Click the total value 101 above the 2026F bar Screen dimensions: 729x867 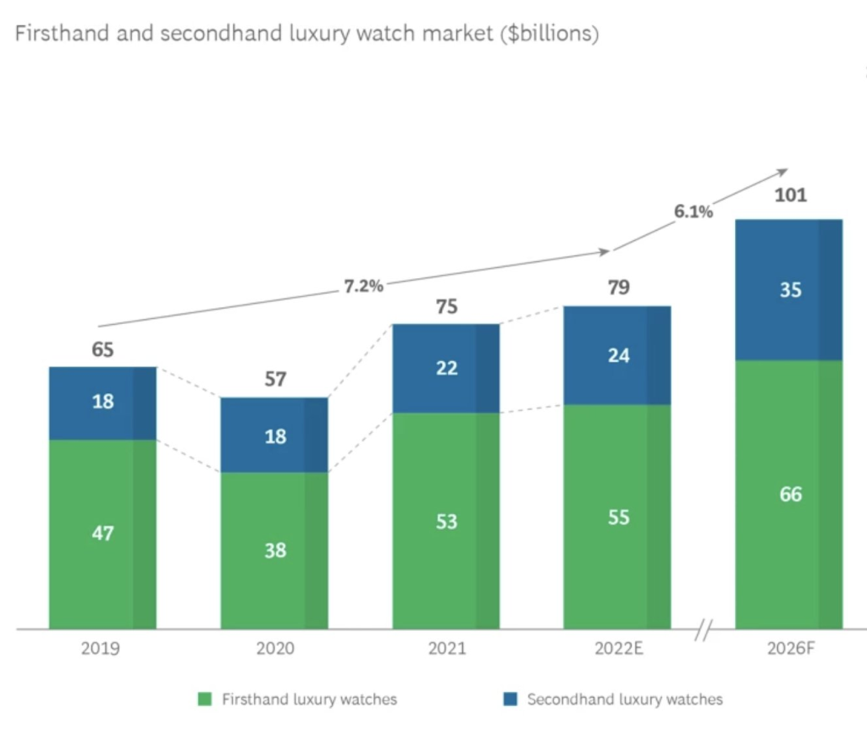(x=791, y=196)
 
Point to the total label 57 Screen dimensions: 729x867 (x=274, y=379)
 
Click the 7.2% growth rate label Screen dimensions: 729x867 (x=363, y=286)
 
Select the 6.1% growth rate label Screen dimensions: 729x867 (x=693, y=211)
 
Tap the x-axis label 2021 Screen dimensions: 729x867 (x=445, y=650)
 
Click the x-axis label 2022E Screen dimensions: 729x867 (x=617, y=650)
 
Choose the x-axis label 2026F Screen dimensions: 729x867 (x=789, y=650)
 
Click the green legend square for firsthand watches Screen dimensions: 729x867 (x=204, y=699)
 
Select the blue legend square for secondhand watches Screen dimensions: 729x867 (x=509, y=699)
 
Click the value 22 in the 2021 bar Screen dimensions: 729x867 (x=446, y=367)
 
